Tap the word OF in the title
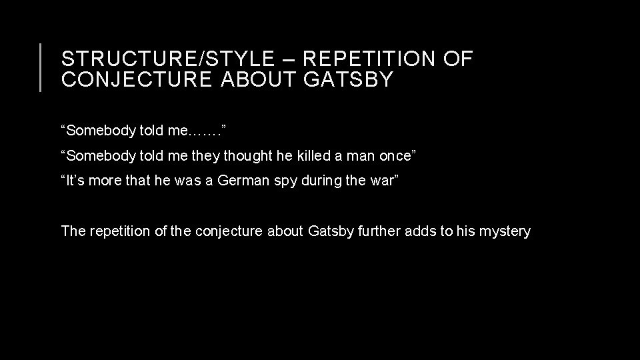[x=458, y=59]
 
